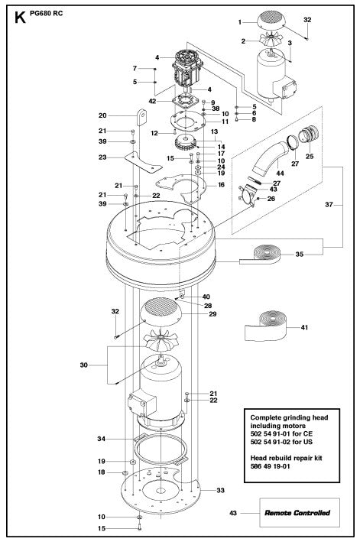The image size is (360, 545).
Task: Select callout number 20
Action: (124, 115)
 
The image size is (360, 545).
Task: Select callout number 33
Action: (220, 489)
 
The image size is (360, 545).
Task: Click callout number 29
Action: (213, 314)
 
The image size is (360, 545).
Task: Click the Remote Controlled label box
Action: (291, 512)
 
